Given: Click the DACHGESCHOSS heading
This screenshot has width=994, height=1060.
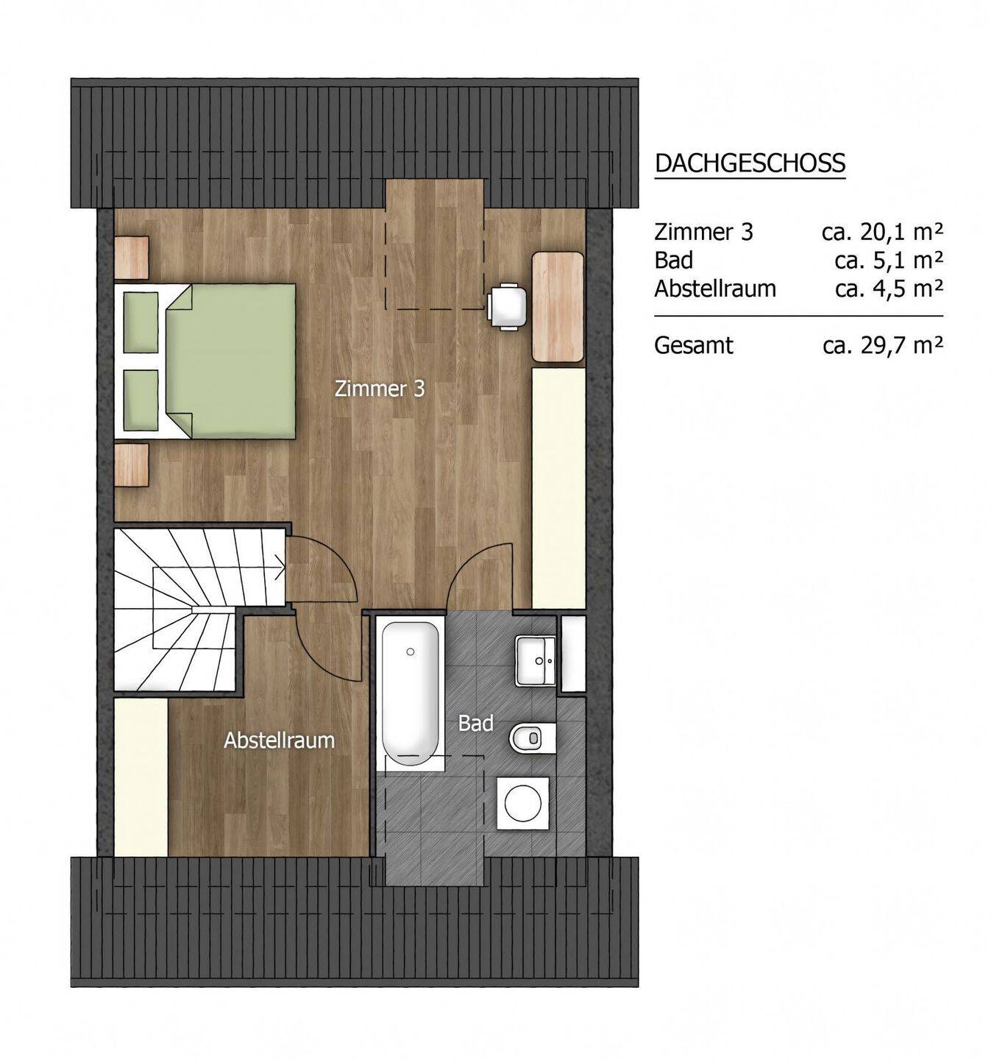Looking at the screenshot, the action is tap(750, 163).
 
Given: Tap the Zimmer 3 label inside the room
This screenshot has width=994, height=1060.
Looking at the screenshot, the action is tap(380, 389).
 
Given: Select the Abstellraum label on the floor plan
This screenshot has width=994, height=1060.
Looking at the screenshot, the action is tap(279, 741).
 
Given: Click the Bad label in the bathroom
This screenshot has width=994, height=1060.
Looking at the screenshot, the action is tap(475, 723).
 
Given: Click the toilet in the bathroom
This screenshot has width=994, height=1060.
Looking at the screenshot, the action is tap(533, 739).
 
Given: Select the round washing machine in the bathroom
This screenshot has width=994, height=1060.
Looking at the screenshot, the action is tap(523, 803).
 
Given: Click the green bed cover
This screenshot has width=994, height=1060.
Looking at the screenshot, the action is tap(231, 361).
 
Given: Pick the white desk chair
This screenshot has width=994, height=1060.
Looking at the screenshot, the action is tap(507, 305).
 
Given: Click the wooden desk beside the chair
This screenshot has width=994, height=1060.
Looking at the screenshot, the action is tap(558, 307).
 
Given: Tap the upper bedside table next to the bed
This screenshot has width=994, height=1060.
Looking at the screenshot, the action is tap(131, 257).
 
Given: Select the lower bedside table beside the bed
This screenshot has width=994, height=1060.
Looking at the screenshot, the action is tap(131, 465).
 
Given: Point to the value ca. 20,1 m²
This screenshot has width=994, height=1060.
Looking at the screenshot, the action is tap(882, 232).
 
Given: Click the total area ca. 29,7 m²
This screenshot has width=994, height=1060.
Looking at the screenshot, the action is tap(882, 345).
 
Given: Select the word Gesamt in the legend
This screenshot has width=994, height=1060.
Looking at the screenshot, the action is tap(694, 345).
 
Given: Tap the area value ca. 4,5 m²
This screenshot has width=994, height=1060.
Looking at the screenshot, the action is tap(889, 289).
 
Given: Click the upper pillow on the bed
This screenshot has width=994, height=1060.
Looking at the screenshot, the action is tap(141, 322).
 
